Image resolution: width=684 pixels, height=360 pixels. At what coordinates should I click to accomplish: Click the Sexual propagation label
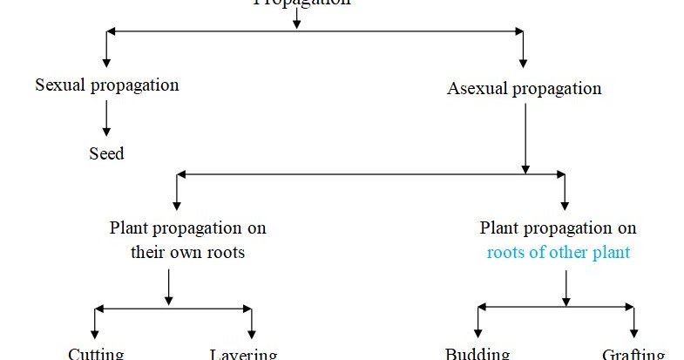(107, 85)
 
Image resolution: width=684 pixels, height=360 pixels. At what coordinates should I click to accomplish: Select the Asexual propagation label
(524, 89)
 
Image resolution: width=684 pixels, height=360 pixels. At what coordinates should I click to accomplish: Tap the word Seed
(106, 154)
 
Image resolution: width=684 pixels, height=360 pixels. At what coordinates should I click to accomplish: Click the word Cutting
(96, 354)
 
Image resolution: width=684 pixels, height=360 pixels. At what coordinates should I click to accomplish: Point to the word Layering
(243, 354)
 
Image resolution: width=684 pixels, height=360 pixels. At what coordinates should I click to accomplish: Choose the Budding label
(477, 354)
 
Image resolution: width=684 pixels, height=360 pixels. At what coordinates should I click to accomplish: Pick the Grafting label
(633, 354)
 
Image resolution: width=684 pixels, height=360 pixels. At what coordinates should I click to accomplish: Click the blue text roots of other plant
(559, 254)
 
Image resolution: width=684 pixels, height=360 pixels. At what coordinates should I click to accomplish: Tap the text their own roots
(188, 254)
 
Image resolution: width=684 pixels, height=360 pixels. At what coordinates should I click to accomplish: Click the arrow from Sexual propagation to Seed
(106, 118)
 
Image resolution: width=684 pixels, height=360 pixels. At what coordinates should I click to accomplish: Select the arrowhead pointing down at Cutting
(96, 334)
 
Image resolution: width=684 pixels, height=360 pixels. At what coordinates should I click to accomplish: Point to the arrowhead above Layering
(252, 334)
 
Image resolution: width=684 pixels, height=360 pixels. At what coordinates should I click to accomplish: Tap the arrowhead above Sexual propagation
(106, 62)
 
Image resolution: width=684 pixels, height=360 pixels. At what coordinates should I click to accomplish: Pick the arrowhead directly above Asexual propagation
(523, 62)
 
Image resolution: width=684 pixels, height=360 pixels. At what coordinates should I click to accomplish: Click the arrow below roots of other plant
(566, 288)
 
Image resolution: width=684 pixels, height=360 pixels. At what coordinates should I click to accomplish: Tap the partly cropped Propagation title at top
(301, 3)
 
